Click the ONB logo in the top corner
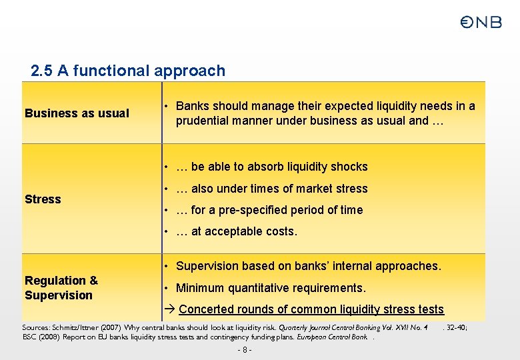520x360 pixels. pyautogui.click(x=481, y=23)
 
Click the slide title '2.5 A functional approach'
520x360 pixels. pyautogui.click(x=128, y=71)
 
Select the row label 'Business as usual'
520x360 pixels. pyautogui.click(x=77, y=113)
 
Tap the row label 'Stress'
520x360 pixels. pyautogui.click(x=43, y=199)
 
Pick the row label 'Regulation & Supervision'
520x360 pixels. pyautogui.click(x=61, y=288)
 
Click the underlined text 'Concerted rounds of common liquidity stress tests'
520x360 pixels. pyautogui.click(x=311, y=309)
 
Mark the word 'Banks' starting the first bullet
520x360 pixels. pyautogui.click(x=191, y=106)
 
